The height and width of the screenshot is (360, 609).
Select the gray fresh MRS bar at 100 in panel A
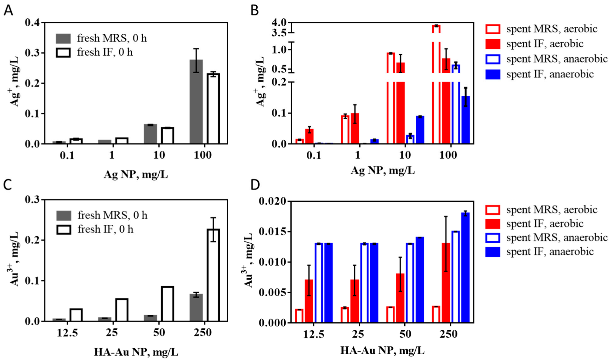tap(196, 101)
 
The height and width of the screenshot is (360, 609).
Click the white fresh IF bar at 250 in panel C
tap(213, 275)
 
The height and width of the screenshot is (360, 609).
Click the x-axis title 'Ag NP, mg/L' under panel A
tap(136, 174)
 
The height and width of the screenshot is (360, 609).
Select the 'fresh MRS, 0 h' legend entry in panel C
tap(101, 215)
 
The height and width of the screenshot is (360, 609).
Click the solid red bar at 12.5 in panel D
tap(309, 301)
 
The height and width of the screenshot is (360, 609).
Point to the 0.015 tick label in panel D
tap(272, 232)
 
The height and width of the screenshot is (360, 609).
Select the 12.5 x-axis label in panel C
tap(67, 333)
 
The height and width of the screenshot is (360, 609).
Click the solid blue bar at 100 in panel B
tap(465, 120)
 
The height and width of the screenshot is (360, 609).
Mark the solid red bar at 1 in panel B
tap(355, 128)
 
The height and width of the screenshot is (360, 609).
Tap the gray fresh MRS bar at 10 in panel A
tap(150, 134)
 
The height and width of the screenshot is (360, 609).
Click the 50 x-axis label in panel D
tap(405, 334)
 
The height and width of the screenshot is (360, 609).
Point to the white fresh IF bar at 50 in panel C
tap(167, 304)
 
